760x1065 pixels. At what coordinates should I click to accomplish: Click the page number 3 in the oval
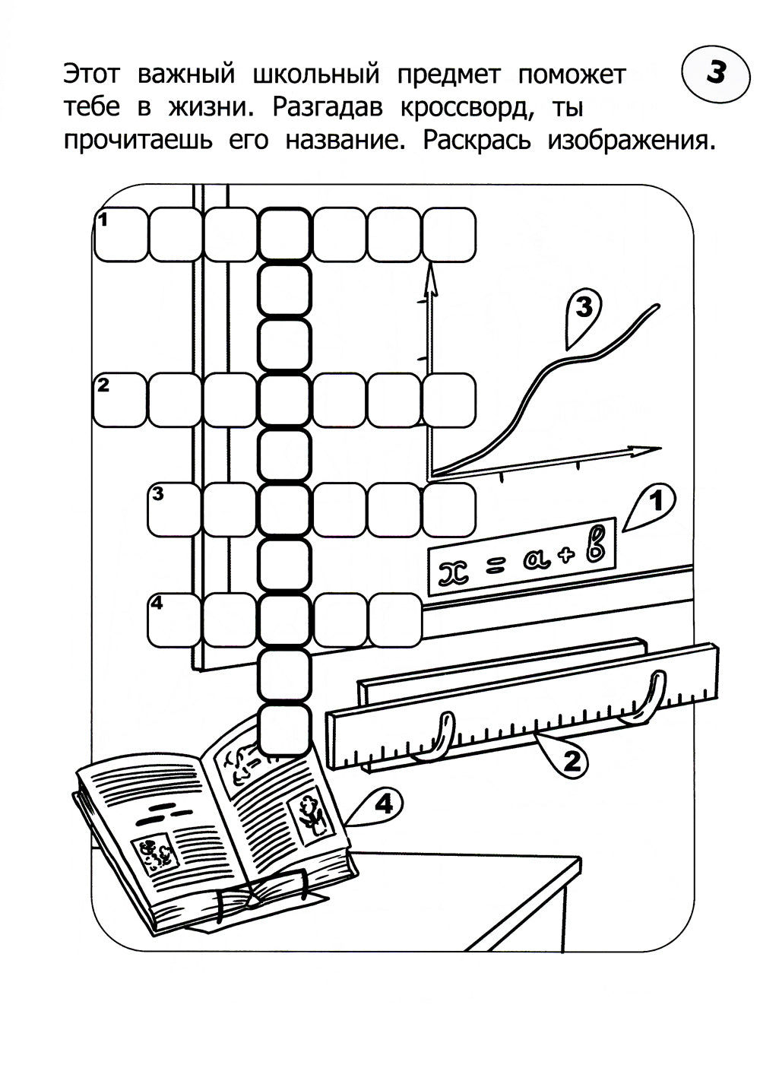(x=715, y=74)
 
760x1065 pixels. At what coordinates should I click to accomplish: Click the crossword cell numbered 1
(x=121, y=234)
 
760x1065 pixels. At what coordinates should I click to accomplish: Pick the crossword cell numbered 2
(x=119, y=399)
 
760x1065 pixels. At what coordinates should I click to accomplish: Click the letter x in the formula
(x=454, y=571)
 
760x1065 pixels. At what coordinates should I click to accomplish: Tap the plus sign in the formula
(x=565, y=555)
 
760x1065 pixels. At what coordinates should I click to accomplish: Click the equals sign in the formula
(x=497, y=565)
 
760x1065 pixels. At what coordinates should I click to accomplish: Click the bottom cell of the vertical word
(x=285, y=729)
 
